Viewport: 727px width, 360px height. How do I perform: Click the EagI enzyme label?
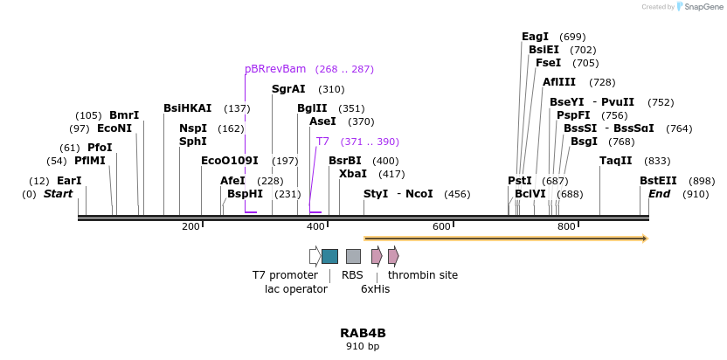click(x=535, y=37)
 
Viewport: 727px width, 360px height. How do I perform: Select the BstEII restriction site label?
click(x=658, y=181)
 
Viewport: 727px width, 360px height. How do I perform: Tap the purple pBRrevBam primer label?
click(x=275, y=69)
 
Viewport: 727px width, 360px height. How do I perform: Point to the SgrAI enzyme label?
click(x=288, y=89)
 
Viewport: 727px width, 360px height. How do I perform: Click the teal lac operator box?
click(x=329, y=256)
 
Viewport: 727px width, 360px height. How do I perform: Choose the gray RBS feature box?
click(x=353, y=256)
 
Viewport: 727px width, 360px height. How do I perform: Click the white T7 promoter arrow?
click(x=315, y=256)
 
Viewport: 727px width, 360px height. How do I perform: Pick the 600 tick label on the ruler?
click(x=441, y=227)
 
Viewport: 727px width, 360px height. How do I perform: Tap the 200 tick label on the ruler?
click(x=190, y=227)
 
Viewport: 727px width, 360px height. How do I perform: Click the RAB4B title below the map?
click(x=363, y=333)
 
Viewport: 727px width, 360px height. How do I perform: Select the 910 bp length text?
click(x=363, y=347)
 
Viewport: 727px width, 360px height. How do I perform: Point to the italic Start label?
click(x=59, y=194)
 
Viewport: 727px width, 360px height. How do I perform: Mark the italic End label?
click(x=659, y=194)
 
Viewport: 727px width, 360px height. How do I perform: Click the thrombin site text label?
click(x=423, y=275)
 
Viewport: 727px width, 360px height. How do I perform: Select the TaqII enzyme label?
click(x=615, y=161)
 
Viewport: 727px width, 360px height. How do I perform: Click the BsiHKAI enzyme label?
click(x=187, y=108)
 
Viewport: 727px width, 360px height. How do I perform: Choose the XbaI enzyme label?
click(x=353, y=174)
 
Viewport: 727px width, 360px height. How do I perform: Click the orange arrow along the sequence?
click(x=505, y=238)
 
